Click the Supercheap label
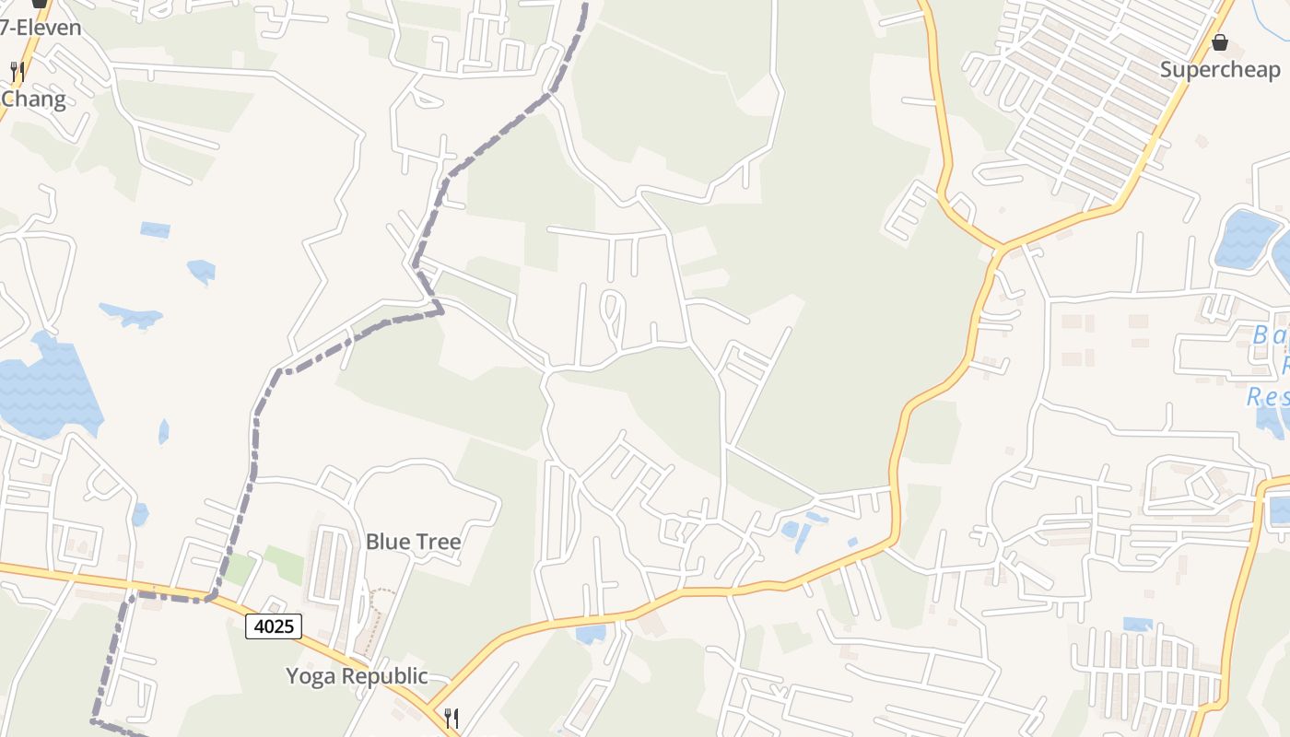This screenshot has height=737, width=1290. [1219, 70]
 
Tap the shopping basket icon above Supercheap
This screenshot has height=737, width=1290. [1220, 42]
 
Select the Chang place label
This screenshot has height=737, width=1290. [34, 99]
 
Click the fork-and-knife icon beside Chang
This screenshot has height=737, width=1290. [17, 71]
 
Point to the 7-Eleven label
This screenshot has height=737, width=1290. [41, 28]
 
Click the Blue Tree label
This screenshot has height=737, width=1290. [413, 542]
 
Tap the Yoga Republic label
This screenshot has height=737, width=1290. [357, 676]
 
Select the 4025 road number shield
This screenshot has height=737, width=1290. [274, 626]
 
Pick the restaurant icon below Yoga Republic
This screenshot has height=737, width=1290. [451, 718]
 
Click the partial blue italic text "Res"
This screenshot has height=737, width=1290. [1267, 397]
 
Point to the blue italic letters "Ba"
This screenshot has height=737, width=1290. [1270, 335]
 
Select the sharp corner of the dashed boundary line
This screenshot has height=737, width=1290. [440, 310]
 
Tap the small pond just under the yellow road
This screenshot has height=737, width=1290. [591, 634]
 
